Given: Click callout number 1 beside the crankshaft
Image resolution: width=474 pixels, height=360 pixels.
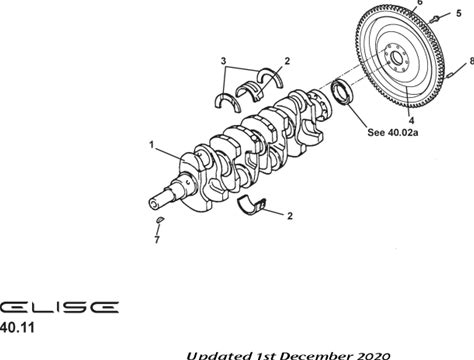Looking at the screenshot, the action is click(x=152, y=145).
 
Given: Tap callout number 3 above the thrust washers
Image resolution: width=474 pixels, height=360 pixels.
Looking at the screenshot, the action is click(x=223, y=61).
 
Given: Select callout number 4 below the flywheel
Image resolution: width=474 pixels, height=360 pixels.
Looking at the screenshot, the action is click(x=411, y=120).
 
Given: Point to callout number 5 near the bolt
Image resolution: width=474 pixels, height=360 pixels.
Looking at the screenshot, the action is click(x=459, y=13).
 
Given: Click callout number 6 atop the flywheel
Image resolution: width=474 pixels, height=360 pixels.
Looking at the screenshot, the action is click(x=420, y=2).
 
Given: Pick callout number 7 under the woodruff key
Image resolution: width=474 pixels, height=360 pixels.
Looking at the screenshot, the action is click(x=157, y=240).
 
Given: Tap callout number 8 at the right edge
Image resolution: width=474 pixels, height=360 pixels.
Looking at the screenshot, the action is click(x=472, y=61).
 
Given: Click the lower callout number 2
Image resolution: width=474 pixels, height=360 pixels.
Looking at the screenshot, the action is click(x=290, y=216).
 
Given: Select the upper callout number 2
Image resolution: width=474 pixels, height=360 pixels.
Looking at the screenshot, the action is click(x=287, y=61).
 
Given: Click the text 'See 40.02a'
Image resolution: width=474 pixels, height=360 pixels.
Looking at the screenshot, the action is click(x=393, y=132).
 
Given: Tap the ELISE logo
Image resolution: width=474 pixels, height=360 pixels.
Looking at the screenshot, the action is click(x=59, y=307).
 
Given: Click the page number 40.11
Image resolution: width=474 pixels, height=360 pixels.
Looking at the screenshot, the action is click(x=17, y=328).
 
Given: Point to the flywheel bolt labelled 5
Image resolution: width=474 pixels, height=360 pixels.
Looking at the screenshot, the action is click(x=435, y=19).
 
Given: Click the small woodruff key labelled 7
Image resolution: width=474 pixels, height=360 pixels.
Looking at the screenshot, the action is click(x=160, y=220).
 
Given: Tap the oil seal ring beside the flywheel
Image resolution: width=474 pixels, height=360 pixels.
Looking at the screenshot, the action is click(x=342, y=92).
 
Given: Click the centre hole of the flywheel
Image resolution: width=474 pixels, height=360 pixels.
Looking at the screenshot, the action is click(x=397, y=59).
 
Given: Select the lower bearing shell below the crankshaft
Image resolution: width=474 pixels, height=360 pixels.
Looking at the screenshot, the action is click(x=252, y=205).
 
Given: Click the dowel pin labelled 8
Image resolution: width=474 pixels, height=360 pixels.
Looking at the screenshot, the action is click(x=449, y=76).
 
